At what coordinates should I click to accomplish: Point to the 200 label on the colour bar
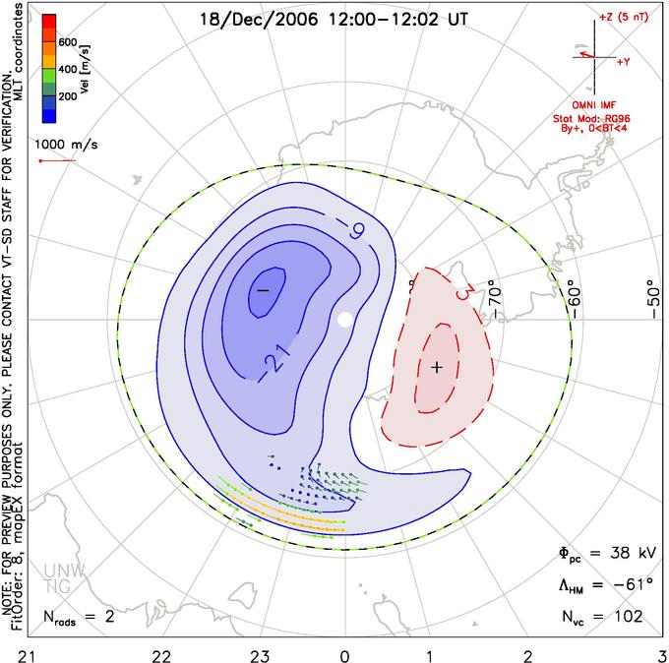pyautogui.click(x=67, y=97)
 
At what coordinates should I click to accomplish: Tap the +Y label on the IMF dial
pyautogui.click(x=623, y=61)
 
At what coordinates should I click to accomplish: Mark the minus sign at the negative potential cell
pyautogui.click(x=263, y=290)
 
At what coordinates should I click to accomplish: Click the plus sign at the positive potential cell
pyautogui.click(x=438, y=367)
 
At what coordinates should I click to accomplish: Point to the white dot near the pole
pyautogui.click(x=344, y=319)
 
